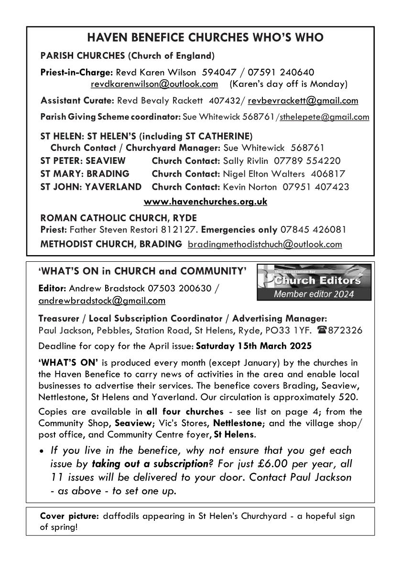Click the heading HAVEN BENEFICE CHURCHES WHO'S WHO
(x=200, y=37)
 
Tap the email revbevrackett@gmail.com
(x=303, y=100)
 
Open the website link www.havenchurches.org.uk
(x=205, y=202)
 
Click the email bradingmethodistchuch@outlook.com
(x=265, y=244)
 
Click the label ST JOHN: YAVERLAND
(x=91, y=186)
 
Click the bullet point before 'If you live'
(x=43, y=451)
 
